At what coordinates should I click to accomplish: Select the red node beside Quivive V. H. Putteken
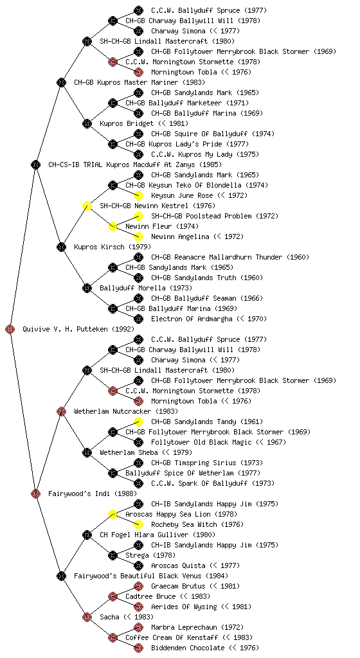click(x=10, y=330)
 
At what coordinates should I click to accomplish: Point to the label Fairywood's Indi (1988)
click(x=93, y=494)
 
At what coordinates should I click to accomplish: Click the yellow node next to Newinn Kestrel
click(x=87, y=206)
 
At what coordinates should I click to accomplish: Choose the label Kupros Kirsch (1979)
click(x=113, y=247)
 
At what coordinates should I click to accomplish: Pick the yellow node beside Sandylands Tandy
click(x=138, y=422)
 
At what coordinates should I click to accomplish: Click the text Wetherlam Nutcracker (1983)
click(x=126, y=412)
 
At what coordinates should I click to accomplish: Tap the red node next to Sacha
click(x=87, y=618)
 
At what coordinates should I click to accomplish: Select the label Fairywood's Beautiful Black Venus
click(x=143, y=576)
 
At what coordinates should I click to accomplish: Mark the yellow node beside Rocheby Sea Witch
click(x=138, y=524)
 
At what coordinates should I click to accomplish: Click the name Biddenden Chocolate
click(x=188, y=648)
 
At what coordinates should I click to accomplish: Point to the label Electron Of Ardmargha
click(x=192, y=319)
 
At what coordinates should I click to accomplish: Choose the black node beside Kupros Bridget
click(x=87, y=124)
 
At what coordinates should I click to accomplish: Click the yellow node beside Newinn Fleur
click(x=113, y=227)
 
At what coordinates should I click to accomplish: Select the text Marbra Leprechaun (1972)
click(x=197, y=627)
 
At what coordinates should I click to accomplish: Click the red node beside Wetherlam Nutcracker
click(x=61, y=412)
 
